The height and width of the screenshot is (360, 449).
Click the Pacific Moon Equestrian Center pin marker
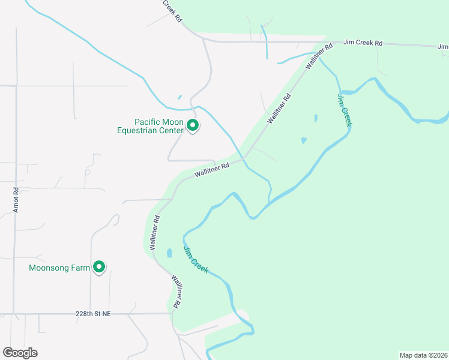(193, 125)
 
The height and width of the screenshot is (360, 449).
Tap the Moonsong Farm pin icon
(100, 267)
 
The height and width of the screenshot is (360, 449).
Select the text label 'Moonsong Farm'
(59, 268)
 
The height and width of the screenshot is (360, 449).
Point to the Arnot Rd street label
(16, 200)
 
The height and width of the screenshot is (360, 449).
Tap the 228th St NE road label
(94, 314)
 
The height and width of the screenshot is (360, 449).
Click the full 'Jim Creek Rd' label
(363, 43)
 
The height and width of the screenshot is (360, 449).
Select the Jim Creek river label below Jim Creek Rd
(344, 109)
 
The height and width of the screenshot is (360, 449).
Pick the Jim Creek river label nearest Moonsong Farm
(196, 260)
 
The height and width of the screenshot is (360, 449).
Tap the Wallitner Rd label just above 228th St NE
(176, 292)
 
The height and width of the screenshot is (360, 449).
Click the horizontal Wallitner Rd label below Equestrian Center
(212, 171)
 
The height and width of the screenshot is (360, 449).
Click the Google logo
(20, 353)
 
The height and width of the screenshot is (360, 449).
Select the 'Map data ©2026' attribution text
(423, 355)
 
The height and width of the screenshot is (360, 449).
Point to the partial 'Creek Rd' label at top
(172, 11)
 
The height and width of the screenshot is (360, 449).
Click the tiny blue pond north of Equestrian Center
(179, 97)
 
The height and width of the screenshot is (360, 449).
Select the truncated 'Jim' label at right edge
(444, 46)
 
